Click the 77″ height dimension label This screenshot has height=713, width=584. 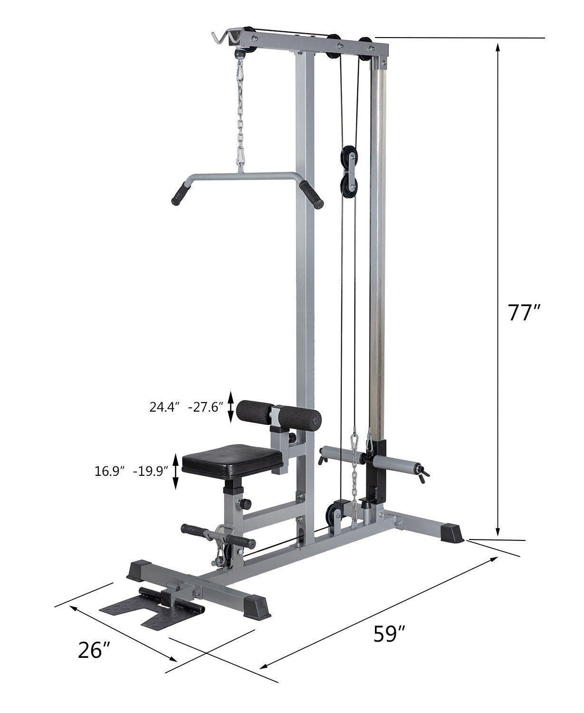tap(524, 313)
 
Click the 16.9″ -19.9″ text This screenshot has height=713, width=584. tap(132, 471)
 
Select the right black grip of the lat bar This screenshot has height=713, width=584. tap(311, 194)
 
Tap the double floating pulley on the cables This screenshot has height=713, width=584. tap(349, 172)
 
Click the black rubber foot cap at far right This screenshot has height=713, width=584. tap(451, 533)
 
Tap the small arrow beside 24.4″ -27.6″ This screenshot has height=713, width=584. tap(231, 407)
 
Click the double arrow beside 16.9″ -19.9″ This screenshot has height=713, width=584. tap(176, 472)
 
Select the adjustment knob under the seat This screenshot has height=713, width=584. tap(245, 503)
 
